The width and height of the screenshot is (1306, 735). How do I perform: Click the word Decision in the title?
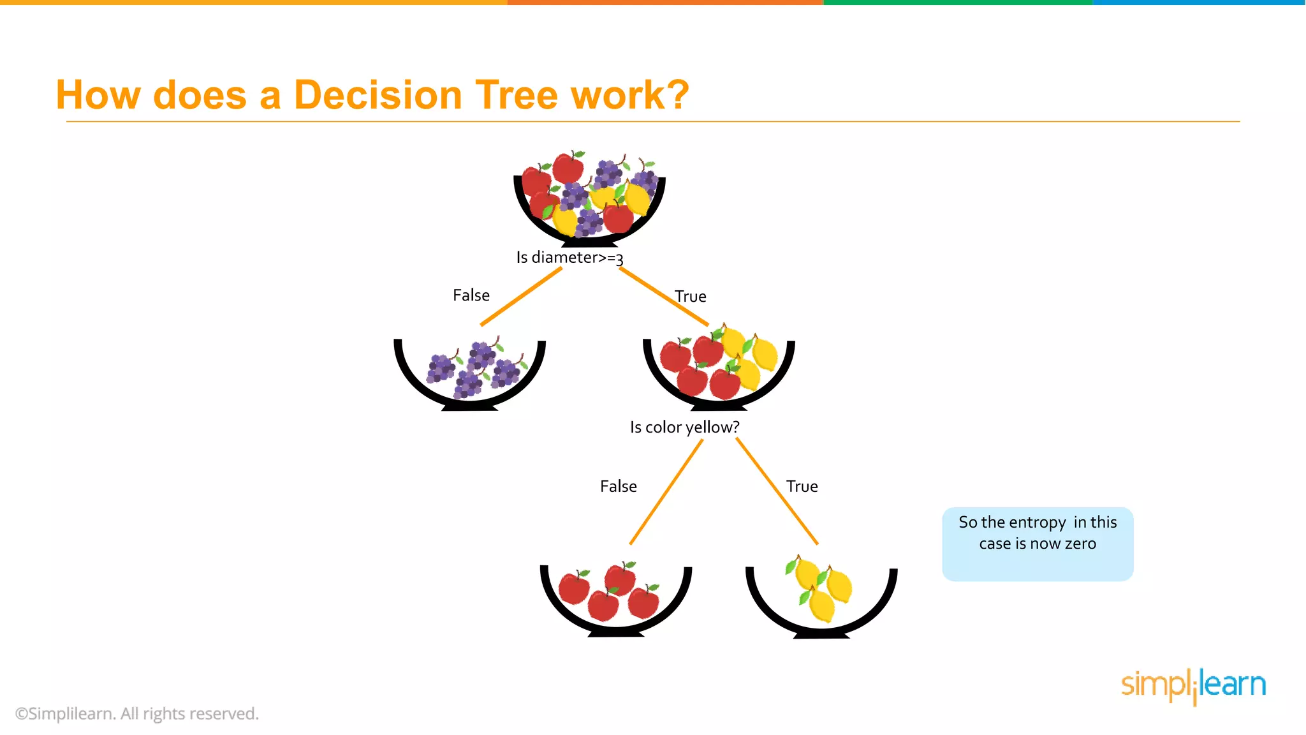(x=378, y=95)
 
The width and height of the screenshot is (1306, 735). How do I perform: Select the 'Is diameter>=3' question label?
(x=569, y=257)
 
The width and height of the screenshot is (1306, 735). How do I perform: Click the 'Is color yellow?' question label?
(x=684, y=427)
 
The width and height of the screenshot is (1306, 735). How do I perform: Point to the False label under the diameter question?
(x=471, y=295)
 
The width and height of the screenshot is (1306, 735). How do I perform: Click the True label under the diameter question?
(x=691, y=297)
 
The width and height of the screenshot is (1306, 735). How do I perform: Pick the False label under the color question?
(x=618, y=486)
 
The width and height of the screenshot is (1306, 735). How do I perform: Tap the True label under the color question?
(x=802, y=486)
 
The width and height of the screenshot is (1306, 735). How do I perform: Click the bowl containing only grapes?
(x=470, y=373)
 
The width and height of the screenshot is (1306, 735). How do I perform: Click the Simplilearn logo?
(x=1193, y=686)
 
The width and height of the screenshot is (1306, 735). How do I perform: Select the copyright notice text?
(x=137, y=713)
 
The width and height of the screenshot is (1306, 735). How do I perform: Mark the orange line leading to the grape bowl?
(x=521, y=296)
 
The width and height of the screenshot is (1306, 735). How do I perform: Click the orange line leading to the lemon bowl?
(x=777, y=491)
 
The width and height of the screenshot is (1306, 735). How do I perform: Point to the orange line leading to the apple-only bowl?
(x=666, y=491)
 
